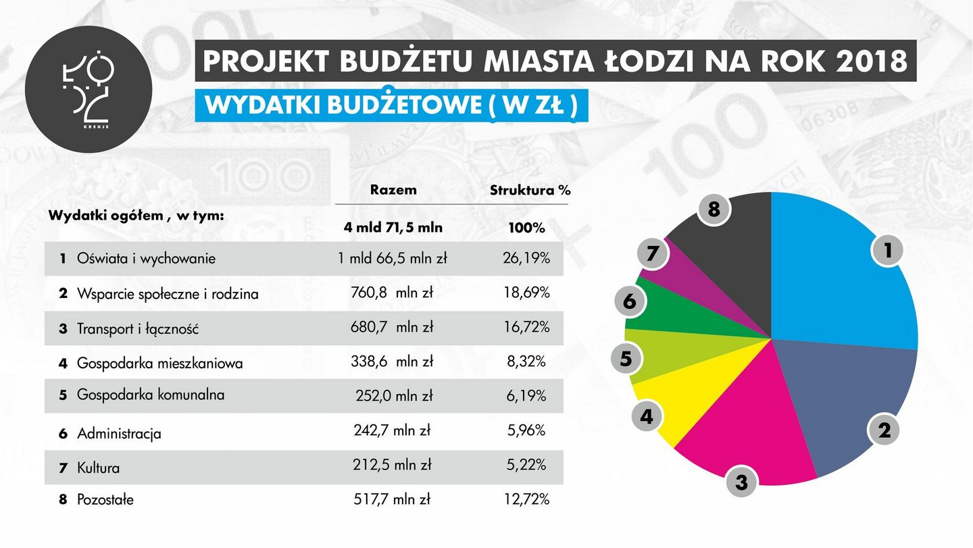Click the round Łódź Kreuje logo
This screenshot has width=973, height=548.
89,89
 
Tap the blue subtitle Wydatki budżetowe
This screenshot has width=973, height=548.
391,107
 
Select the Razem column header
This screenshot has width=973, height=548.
393,190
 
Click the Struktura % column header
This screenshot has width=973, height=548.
530,191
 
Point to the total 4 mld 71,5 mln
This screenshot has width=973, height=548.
393,227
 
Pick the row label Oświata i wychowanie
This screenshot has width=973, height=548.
146,259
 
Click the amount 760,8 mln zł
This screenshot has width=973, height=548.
393,293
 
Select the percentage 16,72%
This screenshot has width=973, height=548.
526,328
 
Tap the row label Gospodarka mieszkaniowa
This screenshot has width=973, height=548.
160,363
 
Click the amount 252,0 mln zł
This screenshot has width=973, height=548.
393,396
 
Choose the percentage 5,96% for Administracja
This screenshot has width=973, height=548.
526,430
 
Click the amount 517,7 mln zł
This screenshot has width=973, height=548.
393,500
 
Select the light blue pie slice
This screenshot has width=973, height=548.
838,270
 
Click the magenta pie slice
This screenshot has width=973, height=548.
750,432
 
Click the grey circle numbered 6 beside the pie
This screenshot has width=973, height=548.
630,301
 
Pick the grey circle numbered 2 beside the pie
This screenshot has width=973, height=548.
884,430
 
